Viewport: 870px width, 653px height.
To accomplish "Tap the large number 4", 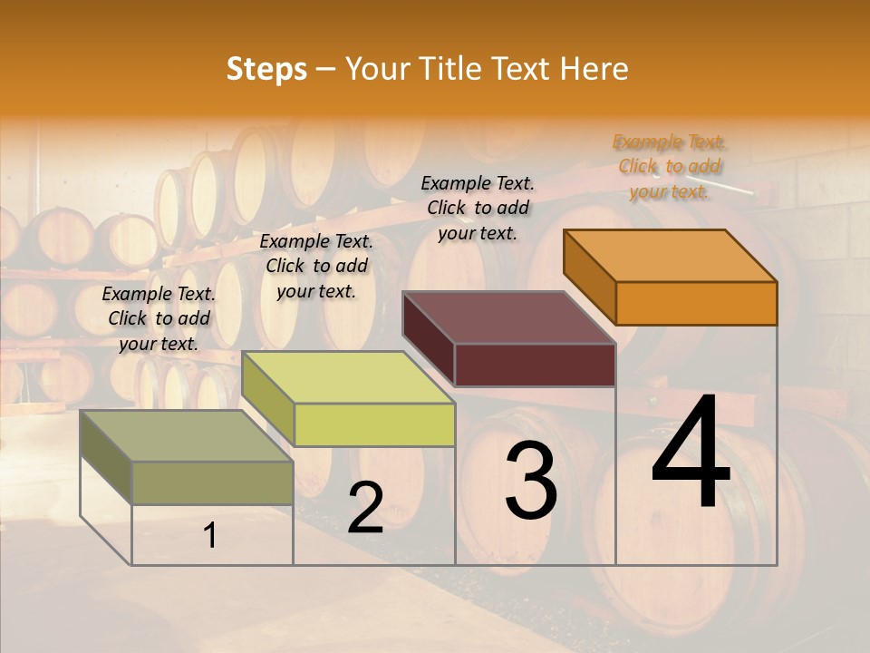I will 691,453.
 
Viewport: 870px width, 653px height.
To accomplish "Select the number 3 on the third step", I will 531,481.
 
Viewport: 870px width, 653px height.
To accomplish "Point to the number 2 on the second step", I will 365,508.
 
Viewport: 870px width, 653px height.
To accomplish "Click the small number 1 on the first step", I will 210,536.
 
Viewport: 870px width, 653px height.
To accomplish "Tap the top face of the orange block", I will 671,256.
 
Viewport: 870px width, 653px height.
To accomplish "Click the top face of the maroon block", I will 509,317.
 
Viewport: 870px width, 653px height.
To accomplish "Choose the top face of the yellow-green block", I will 348,377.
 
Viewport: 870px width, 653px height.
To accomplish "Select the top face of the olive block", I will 187,436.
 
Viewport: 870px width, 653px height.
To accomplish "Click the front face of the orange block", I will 696,303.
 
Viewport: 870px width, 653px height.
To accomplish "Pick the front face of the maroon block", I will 535,365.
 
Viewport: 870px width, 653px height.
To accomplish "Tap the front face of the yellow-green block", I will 374,424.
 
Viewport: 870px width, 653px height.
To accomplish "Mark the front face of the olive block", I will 212,482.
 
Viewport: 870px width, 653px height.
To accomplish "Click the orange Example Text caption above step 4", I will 670,166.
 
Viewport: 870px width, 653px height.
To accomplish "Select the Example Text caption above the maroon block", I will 478,208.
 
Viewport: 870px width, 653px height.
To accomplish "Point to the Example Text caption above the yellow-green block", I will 316,266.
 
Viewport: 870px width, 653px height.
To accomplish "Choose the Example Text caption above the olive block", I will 159,318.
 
